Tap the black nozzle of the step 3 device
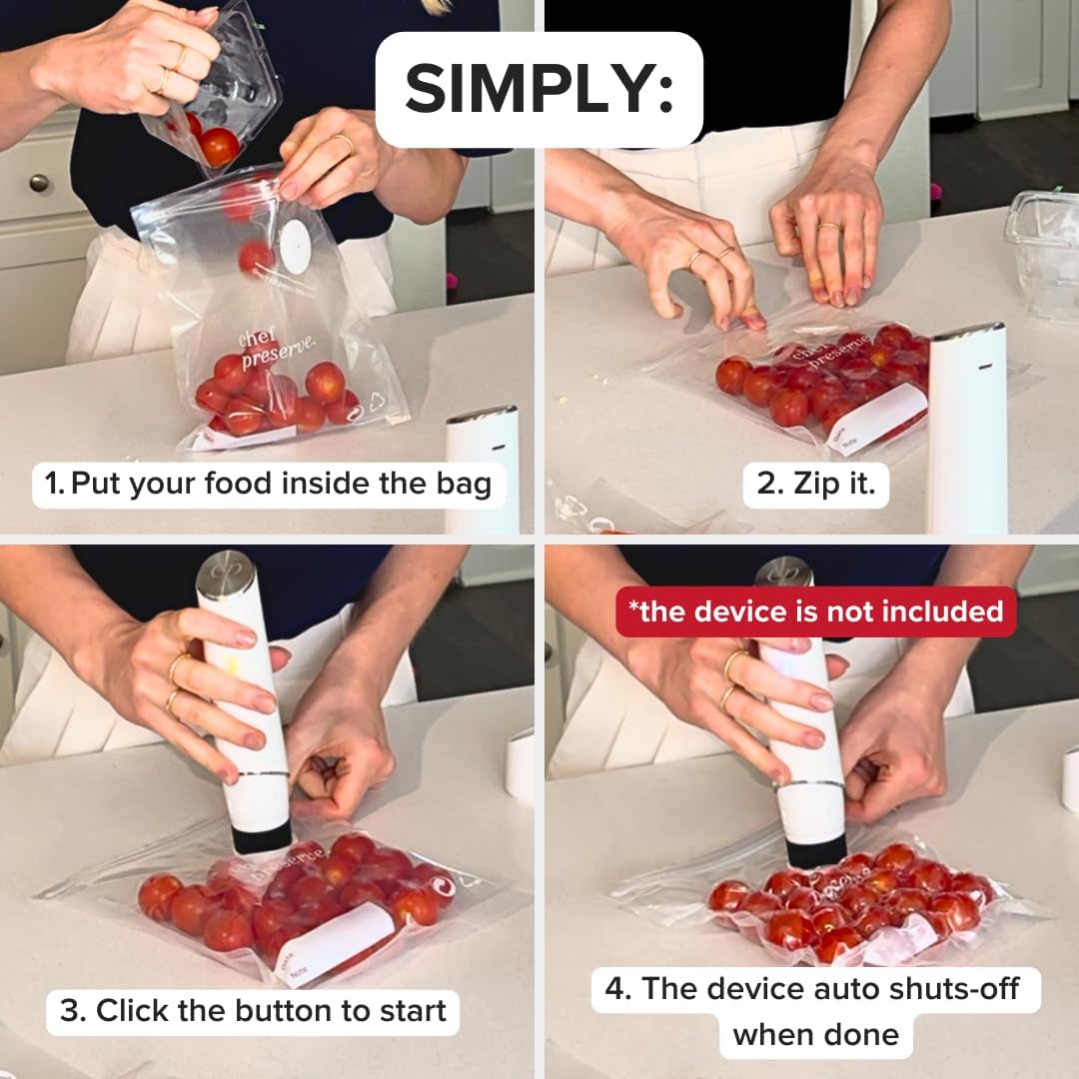tap(262, 836)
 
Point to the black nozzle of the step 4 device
tap(816, 851)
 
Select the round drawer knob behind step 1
tap(39, 184)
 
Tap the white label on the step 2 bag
tap(876, 419)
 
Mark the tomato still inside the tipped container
tap(218, 146)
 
